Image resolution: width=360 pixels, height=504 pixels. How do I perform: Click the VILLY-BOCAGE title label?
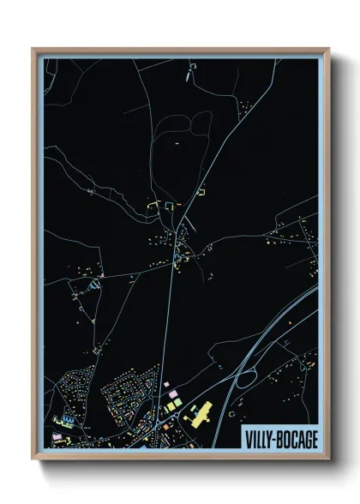[279, 437]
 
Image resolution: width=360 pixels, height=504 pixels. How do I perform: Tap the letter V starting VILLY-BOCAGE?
[248, 437]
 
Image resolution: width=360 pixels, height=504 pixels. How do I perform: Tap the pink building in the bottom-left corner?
[57, 436]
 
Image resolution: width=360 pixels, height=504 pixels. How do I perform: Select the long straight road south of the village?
[170, 326]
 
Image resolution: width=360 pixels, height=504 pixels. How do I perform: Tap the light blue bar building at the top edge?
[186, 75]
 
